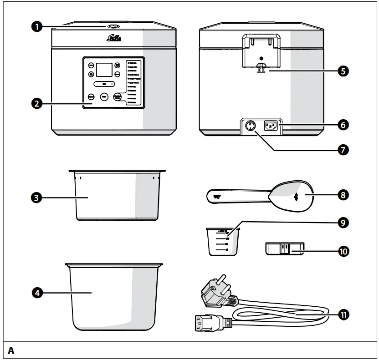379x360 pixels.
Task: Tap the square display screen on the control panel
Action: [105, 70]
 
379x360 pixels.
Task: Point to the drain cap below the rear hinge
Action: [261, 67]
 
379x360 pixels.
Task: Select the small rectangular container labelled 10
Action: [284, 250]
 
